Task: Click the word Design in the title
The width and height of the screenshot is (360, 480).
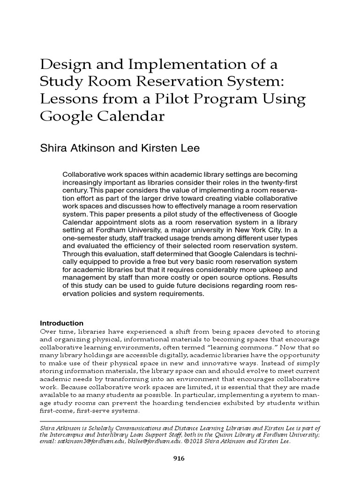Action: pos(66,65)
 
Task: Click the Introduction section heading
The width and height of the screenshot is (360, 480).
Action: pos(62,323)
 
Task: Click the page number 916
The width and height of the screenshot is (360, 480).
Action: pos(180,459)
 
